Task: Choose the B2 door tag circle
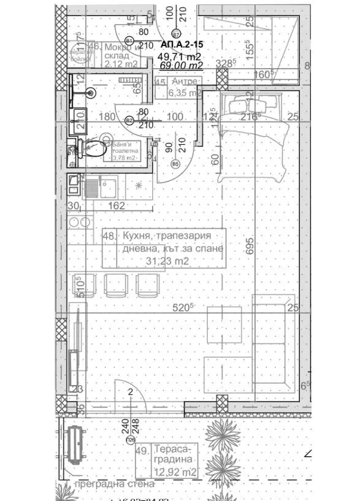[129, 121]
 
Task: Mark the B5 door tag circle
[175, 164]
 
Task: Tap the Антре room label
[185, 82]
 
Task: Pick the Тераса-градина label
[174, 454]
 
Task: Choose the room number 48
[109, 235]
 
